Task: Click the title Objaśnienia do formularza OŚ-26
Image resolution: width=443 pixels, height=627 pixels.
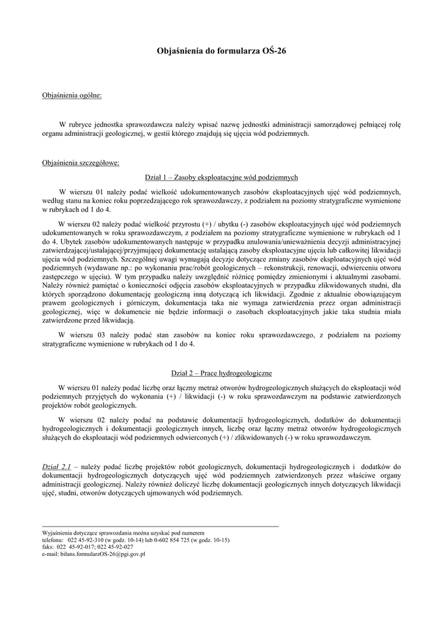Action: (x=221, y=53)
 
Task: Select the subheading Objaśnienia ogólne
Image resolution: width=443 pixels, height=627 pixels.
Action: (x=72, y=96)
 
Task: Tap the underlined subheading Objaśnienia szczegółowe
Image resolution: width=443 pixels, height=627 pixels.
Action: (x=80, y=163)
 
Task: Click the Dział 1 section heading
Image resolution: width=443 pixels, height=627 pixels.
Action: (x=221, y=177)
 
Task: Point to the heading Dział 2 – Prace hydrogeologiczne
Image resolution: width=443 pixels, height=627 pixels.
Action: (x=221, y=373)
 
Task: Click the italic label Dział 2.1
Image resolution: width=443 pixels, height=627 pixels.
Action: (x=56, y=467)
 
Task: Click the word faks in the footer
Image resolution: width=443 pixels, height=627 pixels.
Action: (x=48, y=547)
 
